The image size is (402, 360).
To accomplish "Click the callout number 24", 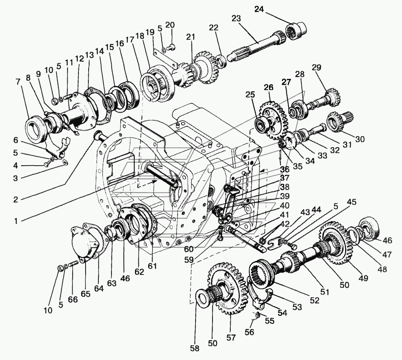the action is click(x=259, y=9).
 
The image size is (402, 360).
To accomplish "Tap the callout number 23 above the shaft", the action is click(x=236, y=18).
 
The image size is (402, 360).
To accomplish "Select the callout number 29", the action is click(x=316, y=68).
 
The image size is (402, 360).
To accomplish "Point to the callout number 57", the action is click(x=231, y=338).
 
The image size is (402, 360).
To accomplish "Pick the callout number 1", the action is click(x=16, y=221).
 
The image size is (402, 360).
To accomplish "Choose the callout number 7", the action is click(x=18, y=82).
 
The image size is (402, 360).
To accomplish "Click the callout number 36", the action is click(x=285, y=169).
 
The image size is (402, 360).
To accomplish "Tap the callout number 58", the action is click(x=195, y=348).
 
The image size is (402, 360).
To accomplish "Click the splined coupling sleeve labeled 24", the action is click(x=297, y=31).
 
